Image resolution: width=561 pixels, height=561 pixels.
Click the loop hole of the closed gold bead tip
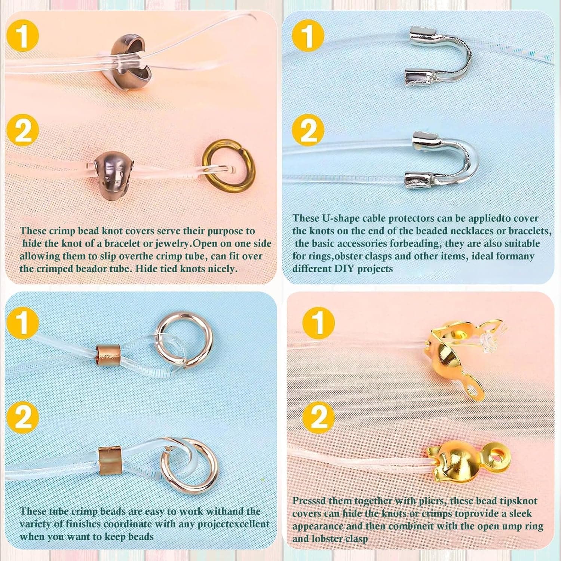(x=499, y=456)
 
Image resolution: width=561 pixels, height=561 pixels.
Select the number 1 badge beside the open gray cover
(x=23, y=36)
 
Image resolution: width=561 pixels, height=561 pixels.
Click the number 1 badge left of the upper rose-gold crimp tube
(x=23, y=322)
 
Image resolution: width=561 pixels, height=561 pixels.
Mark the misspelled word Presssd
(x=309, y=501)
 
